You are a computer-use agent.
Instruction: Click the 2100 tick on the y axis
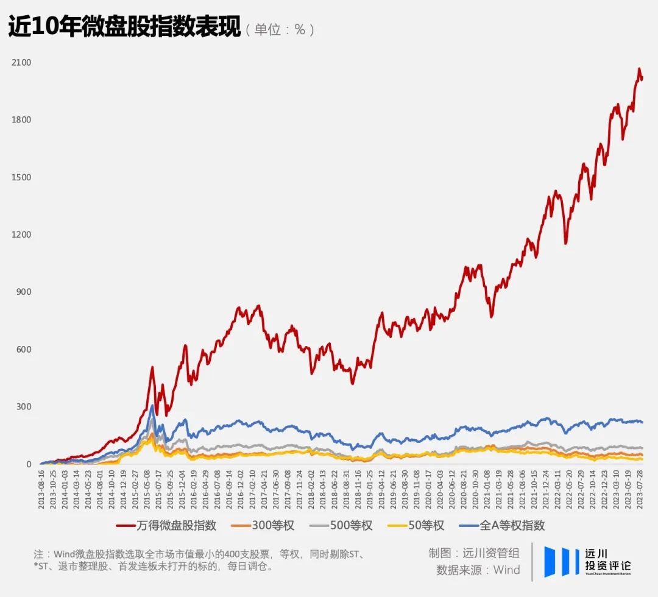pyautogui.click(x=21, y=63)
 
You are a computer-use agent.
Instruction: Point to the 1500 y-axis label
pyautogui.click(x=21, y=177)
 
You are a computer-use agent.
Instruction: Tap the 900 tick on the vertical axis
pyautogui.click(x=24, y=292)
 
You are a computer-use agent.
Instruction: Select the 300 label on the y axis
pyautogui.click(x=24, y=407)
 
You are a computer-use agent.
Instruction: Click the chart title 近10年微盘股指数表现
pyautogui.click(x=124, y=28)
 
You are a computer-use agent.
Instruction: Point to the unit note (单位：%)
pyautogui.click(x=280, y=29)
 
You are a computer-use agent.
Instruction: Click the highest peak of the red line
pyautogui.click(x=639, y=69)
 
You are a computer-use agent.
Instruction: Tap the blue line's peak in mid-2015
pyautogui.click(x=152, y=406)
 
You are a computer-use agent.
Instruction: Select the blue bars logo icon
pyautogui.click(x=561, y=562)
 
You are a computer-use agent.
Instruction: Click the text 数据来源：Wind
pyautogui.click(x=478, y=570)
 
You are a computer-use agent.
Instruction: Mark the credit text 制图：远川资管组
pyautogui.click(x=474, y=553)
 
